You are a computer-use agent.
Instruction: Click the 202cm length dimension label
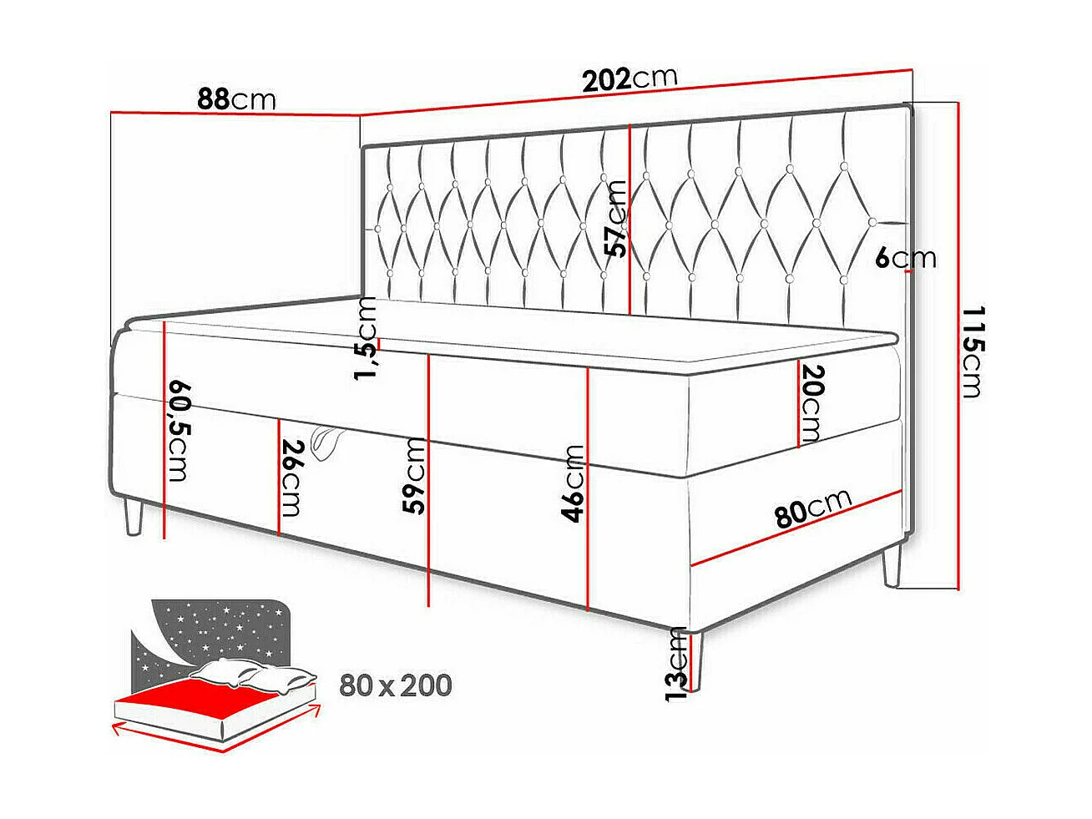click(x=629, y=79)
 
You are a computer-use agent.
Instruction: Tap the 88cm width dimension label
click(x=236, y=99)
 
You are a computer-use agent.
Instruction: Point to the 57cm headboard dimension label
click(x=616, y=219)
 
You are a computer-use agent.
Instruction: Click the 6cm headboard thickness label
click(x=906, y=259)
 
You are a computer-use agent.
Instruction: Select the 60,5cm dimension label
click(x=179, y=431)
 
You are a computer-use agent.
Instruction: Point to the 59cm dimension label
click(x=415, y=475)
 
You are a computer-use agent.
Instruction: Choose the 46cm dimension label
click(x=574, y=483)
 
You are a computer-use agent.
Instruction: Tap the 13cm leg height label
click(x=675, y=664)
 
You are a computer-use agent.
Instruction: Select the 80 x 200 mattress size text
click(x=395, y=685)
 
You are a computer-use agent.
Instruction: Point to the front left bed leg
click(x=133, y=518)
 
